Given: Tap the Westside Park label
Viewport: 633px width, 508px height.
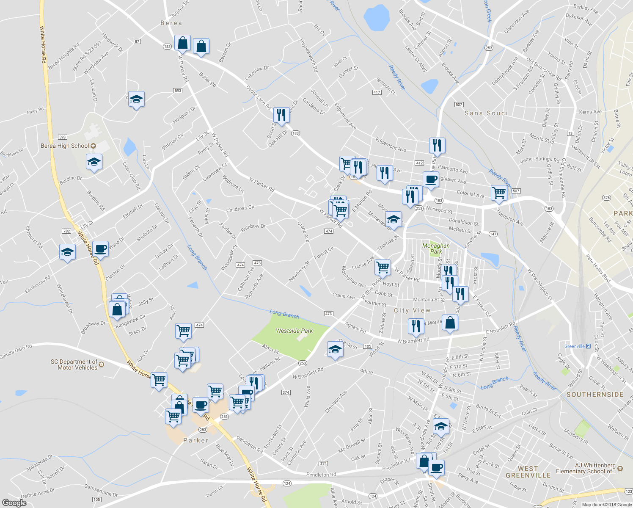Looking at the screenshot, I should click(x=294, y=331).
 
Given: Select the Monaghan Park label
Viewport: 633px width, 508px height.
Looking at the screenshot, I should click(x=436, y=248).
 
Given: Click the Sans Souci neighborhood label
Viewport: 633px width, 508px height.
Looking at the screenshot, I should click(x=486, y=113).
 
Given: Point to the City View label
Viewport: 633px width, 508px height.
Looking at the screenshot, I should click(x=412, y=310).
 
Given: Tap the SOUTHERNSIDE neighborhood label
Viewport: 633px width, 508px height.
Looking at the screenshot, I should click(x=594, y=395).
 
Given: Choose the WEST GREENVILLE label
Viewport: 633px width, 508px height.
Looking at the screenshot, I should click(x=528, y=472).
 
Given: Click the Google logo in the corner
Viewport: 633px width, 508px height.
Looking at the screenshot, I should click(x=14, y=502).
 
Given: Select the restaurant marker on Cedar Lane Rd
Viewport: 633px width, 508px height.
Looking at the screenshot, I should click(x=281, y=114).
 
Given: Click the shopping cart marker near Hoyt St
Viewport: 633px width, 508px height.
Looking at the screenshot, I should click(x=383, y=267).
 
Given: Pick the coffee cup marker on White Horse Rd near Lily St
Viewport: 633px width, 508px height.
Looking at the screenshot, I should click(x=101, y=248).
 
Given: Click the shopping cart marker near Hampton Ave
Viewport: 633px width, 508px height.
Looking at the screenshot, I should click(x=499, y=192).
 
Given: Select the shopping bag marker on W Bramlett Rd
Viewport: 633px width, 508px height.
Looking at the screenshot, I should click(x=450, y=323).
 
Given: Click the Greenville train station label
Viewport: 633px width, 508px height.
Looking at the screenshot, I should click(x=575, y=346).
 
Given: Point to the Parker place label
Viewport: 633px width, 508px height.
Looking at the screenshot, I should click(x=195, y=440).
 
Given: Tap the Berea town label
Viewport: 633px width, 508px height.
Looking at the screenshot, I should click(x=171, y=23).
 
